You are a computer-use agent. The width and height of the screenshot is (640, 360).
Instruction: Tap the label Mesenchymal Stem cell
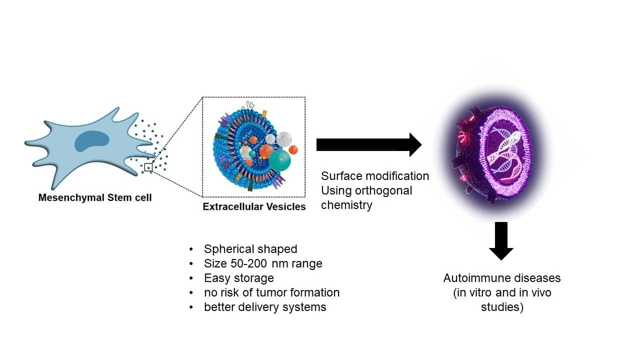[95, 197]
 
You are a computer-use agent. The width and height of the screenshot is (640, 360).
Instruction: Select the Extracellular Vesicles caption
[254, 206]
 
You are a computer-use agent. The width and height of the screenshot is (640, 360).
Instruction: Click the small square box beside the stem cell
[148, 167]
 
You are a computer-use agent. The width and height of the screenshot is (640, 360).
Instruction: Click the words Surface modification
[375, 176]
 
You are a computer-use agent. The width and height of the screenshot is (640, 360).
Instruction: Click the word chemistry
[346, 205]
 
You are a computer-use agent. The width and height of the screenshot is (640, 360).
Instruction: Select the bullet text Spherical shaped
[250, 249]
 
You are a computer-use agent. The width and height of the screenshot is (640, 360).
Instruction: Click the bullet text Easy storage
[239, 278]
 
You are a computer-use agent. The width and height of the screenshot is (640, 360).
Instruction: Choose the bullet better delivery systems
[265, 307]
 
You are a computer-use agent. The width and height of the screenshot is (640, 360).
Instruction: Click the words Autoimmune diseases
[502, 278]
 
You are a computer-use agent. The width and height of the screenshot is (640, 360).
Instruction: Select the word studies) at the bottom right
[502, 307]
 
